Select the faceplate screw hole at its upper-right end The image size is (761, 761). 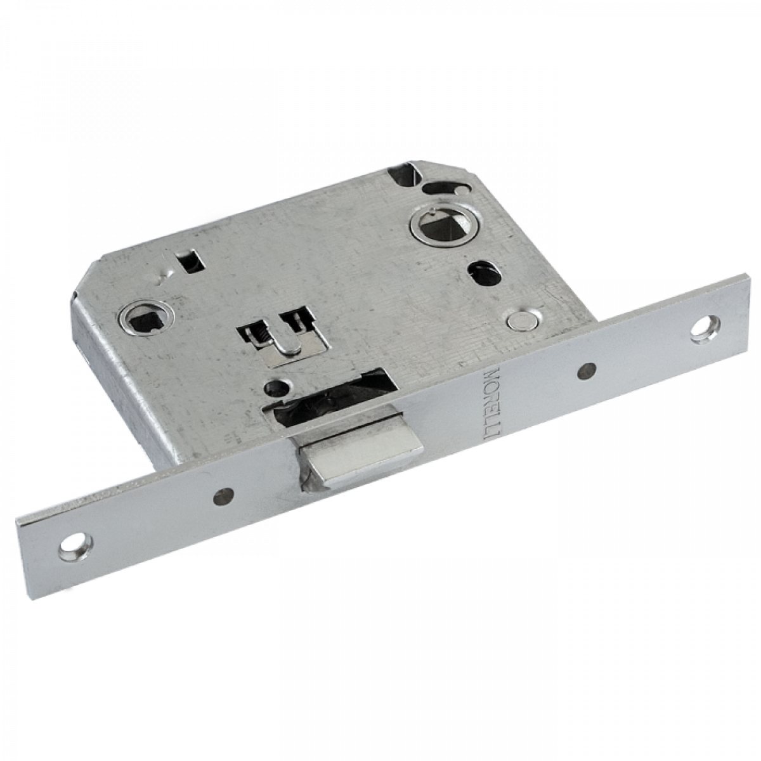click(705, 328)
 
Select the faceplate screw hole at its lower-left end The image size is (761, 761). click(76, 546)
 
